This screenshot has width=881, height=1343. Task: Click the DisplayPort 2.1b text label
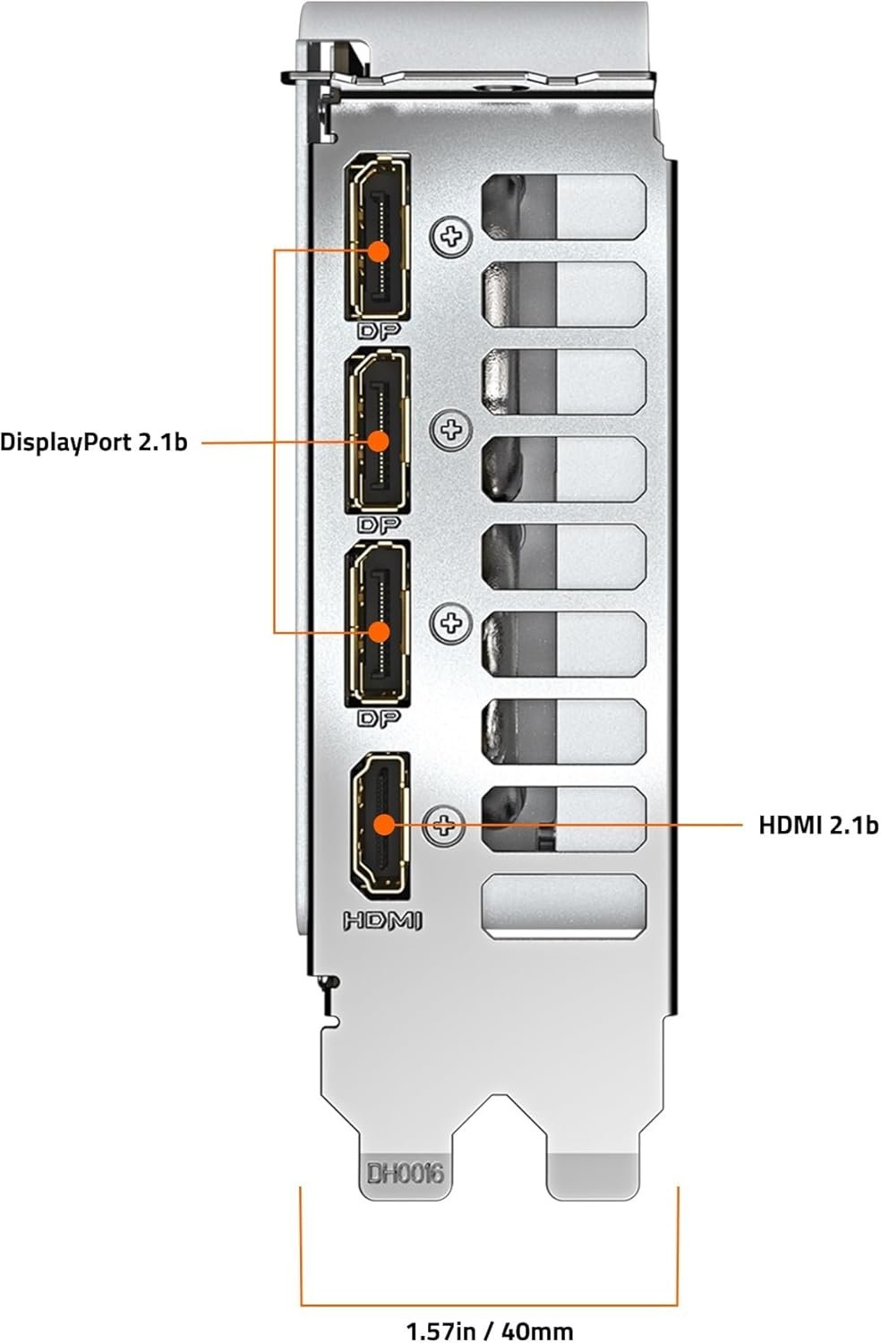click(x=94, y=441)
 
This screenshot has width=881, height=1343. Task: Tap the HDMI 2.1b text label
click(x=818, y=825)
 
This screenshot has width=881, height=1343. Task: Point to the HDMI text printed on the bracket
click(x=382, y=920)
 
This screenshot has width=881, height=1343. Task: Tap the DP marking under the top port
click(x=379, y=329)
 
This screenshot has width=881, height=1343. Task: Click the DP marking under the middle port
click(x=379, y=524)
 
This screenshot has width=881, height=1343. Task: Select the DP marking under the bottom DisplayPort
click(x=379, y=717)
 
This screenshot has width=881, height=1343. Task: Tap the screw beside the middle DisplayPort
click(x=451, y=431)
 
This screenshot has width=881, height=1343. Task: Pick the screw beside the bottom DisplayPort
click(x=451, y=621)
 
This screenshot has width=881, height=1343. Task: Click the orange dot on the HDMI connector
click(x=382, y=825)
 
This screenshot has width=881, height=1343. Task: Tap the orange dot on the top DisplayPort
click(x=379, y=251)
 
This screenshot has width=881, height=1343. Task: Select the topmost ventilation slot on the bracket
click(x=564, y=207)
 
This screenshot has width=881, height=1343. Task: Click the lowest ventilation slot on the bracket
click(x=564, y=906)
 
